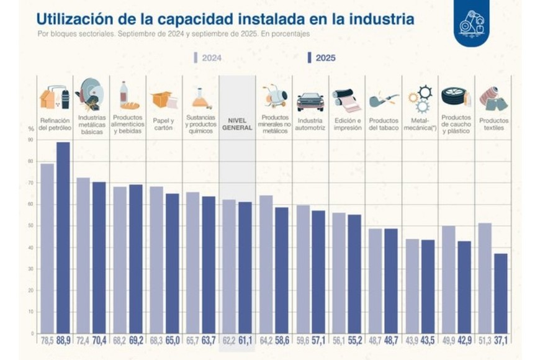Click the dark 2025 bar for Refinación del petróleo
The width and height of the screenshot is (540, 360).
pos(63,237)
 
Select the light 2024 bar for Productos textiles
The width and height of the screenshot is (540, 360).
pos(485,277)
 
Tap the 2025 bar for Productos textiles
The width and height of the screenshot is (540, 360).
pos(501,293)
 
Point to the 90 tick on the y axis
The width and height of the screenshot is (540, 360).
pos(30,140)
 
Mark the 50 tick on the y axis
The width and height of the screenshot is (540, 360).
pos(30,226)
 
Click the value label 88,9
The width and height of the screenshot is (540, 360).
pos(63,341)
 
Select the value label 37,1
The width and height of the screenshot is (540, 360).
pos(501,341)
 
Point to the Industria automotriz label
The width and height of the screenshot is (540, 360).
pos(310,124)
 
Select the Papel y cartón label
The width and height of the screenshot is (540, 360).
pos(164,124)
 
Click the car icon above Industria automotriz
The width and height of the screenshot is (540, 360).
pos(310,101)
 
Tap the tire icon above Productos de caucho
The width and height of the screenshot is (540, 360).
pos(454,96)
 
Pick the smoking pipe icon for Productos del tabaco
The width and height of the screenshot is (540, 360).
pos(383,100)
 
